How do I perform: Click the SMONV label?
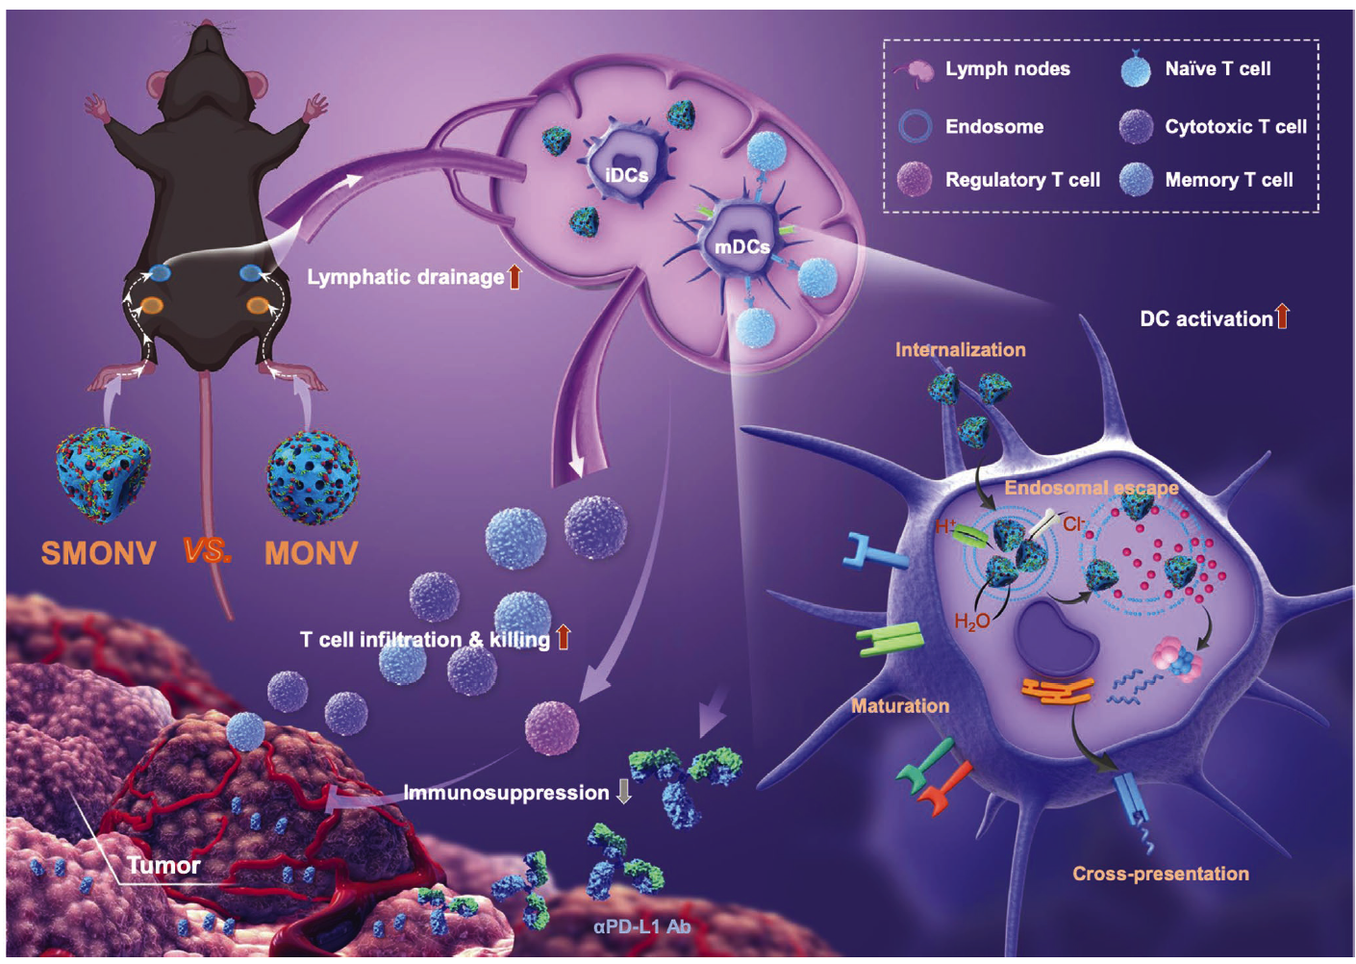tap(98, 553)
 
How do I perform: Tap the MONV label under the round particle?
tap(311, 553)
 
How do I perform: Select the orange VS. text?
tap(207, 551)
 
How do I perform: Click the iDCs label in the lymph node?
tap(626, 175)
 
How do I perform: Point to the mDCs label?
tap(741, 247)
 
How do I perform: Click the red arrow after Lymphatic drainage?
tap(515, 277)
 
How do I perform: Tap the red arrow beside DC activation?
tap(1282, 317)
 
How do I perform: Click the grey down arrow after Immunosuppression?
tap(624, 792)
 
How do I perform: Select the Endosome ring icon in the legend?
tap(915, 126)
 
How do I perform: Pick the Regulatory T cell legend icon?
tap(914, 179)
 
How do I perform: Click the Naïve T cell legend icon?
tap(1136, 69)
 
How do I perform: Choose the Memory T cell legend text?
tap(1228, 180)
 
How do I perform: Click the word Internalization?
tap(960, 350)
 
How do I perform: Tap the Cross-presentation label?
tap(1160, 874)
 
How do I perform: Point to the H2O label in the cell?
tap(971, 622)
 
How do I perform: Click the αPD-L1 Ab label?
tap(641, 926)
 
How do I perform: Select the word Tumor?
tap(163, 865)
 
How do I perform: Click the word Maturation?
tap(899, 706)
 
